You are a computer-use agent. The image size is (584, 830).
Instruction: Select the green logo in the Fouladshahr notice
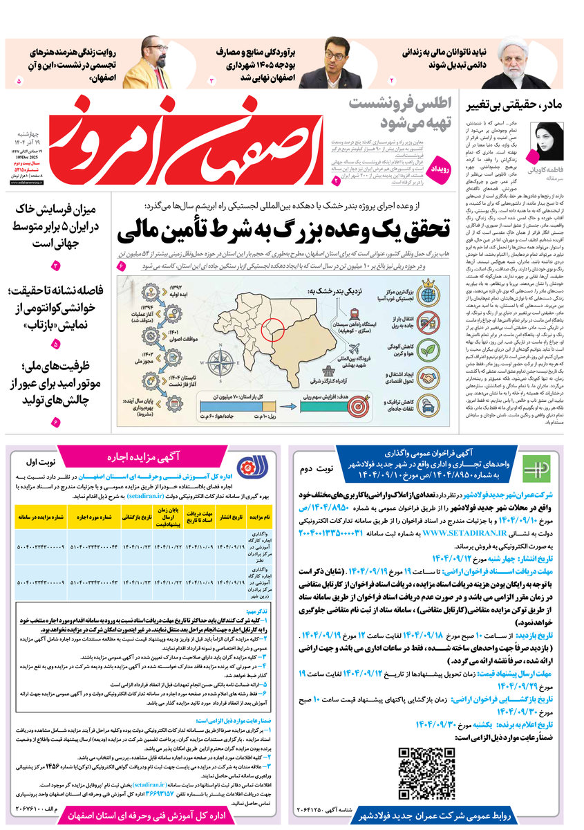[535, 468]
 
